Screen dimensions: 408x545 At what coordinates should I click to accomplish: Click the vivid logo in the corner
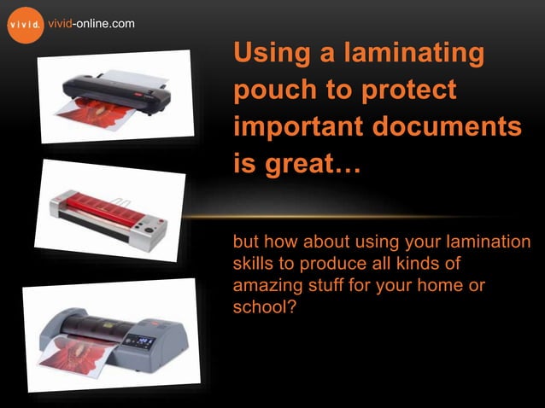click(23, 24)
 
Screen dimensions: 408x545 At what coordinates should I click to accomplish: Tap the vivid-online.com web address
click(91, 23)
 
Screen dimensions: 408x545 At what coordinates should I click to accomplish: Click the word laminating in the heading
click(409, 54)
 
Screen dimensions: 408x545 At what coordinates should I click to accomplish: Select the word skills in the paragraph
click(255, 264)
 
